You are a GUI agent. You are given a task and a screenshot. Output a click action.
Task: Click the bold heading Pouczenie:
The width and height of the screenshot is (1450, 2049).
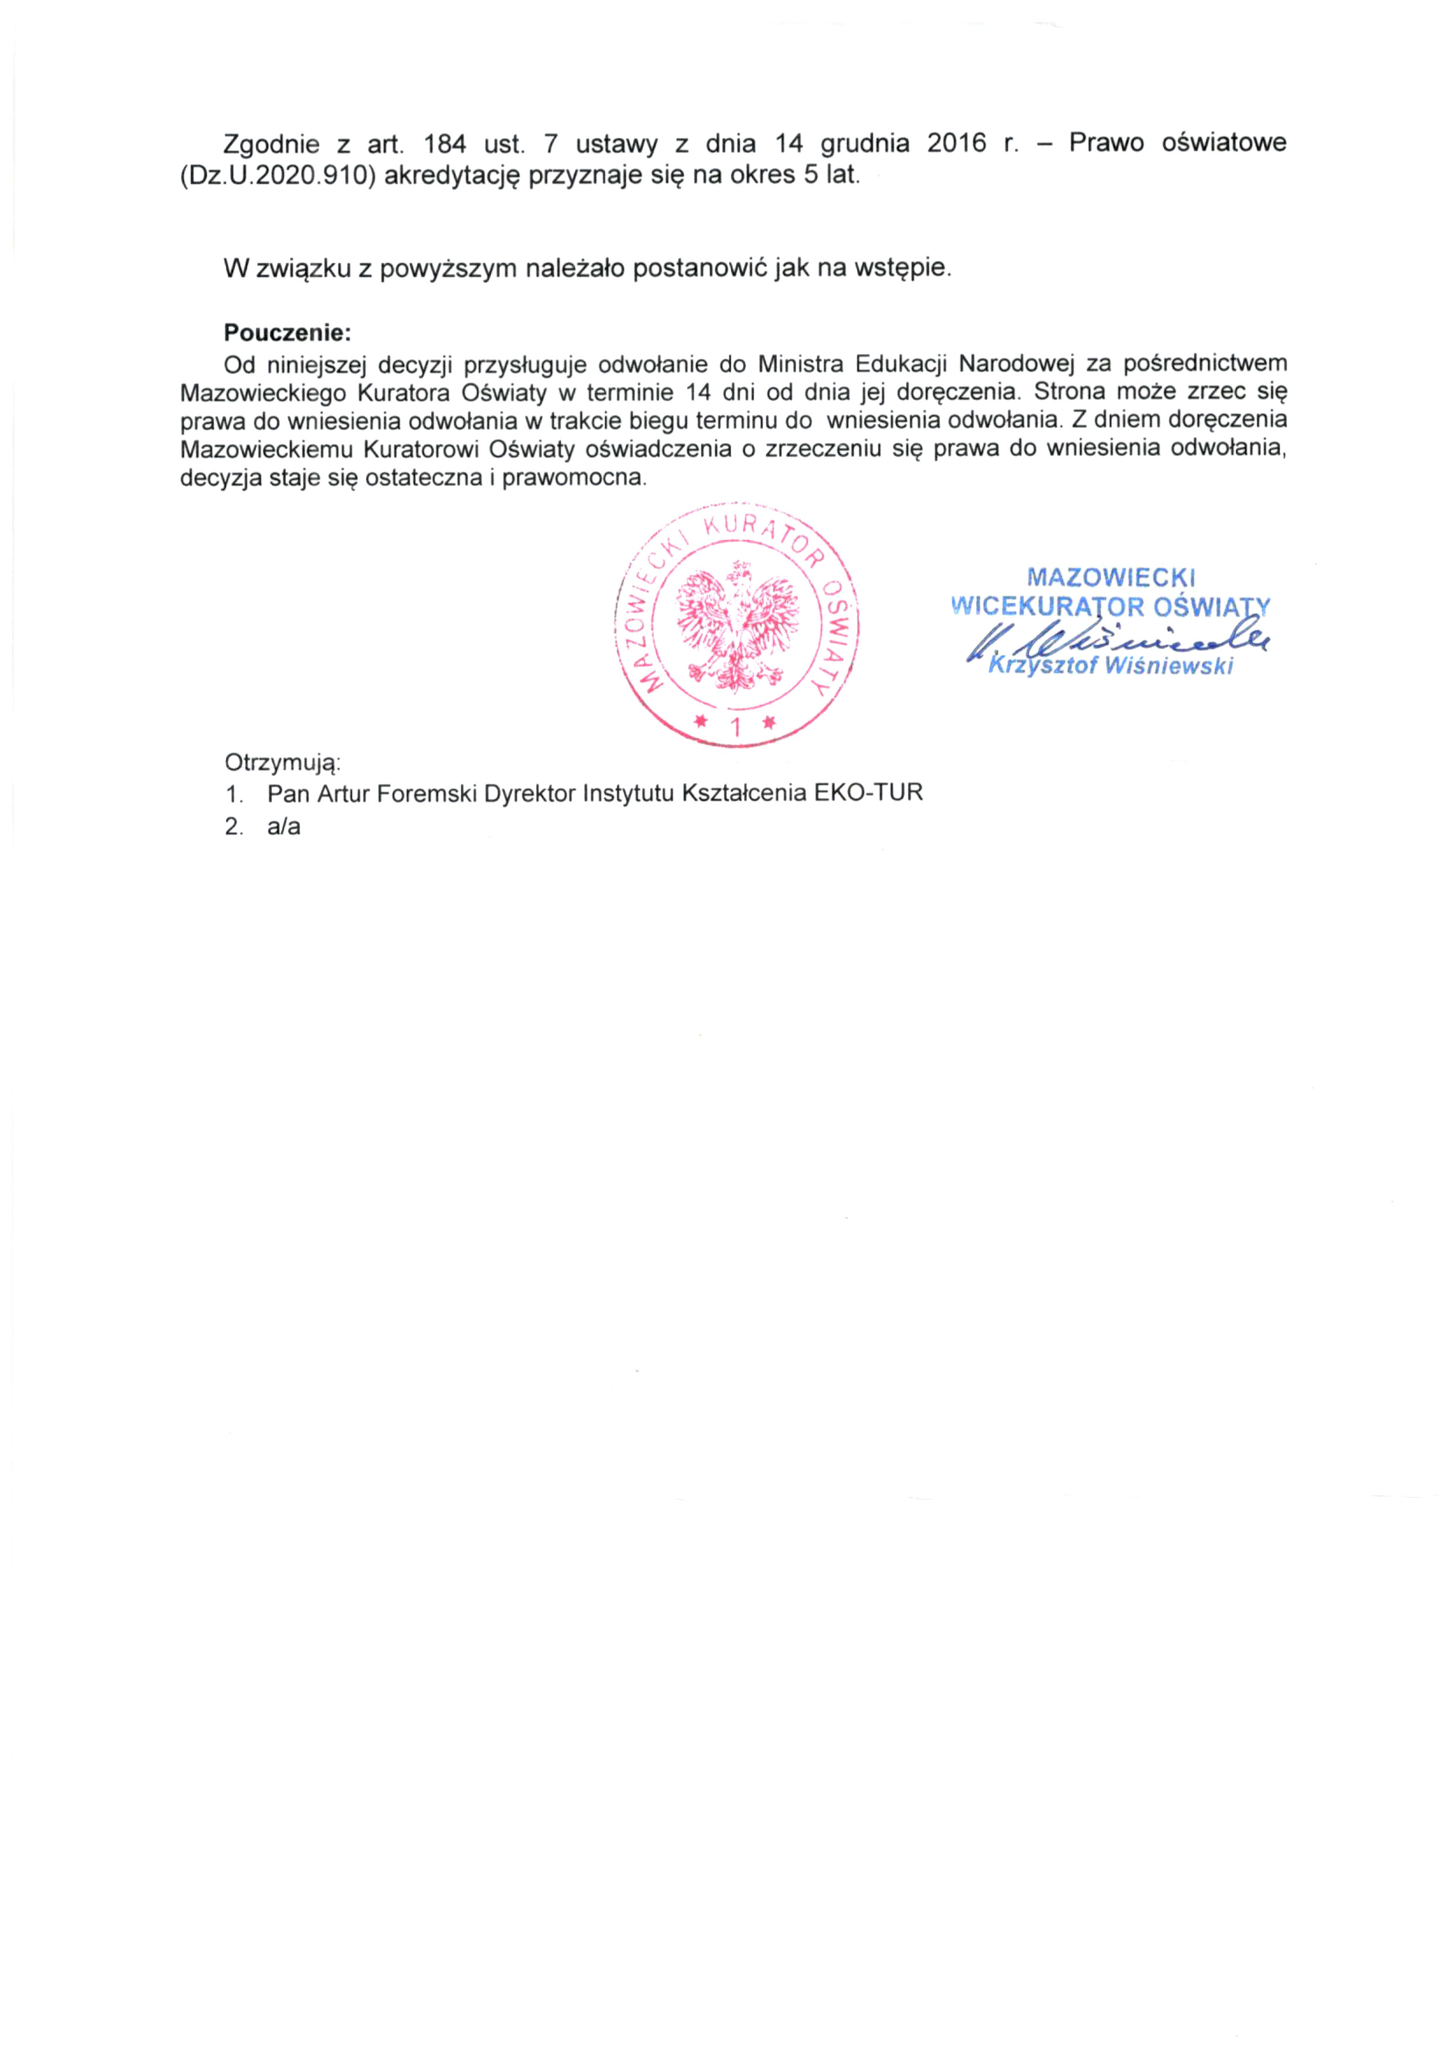click(287, 333)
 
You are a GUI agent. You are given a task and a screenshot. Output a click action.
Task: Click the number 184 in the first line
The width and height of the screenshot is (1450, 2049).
click(445, 143)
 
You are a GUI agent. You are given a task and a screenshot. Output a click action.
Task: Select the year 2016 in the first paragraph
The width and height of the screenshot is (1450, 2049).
click(957, 143)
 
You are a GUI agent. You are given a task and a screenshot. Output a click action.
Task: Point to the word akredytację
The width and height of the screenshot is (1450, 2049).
click(451, 175)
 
